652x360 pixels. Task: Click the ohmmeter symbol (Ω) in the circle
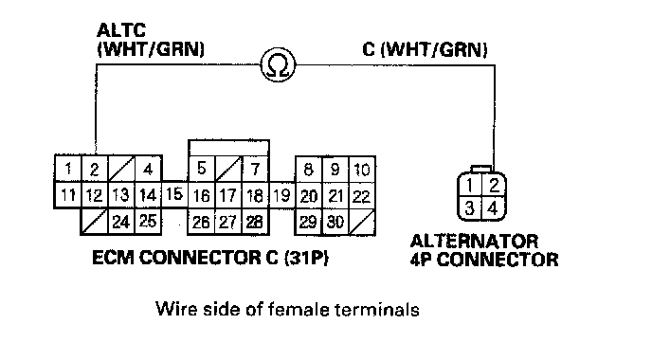279,64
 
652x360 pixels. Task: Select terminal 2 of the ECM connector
95,169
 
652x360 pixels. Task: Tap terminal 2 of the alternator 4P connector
494,185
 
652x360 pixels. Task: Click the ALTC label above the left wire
121,30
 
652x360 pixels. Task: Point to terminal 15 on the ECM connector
174,194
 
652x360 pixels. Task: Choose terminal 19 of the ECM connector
282,194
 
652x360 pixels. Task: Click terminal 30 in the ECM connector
335,222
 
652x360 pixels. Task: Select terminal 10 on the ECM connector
362,169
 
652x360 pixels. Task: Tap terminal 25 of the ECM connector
148,221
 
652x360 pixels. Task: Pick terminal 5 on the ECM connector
202,169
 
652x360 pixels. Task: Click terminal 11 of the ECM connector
68,194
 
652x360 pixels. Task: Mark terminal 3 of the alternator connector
469,207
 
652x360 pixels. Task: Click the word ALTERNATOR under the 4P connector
474,242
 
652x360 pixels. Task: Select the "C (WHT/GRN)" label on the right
425,49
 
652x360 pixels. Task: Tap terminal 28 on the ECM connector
255,222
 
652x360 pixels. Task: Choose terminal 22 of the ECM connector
362,195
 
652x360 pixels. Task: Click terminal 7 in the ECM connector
255,169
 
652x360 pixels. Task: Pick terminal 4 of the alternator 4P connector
494,207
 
